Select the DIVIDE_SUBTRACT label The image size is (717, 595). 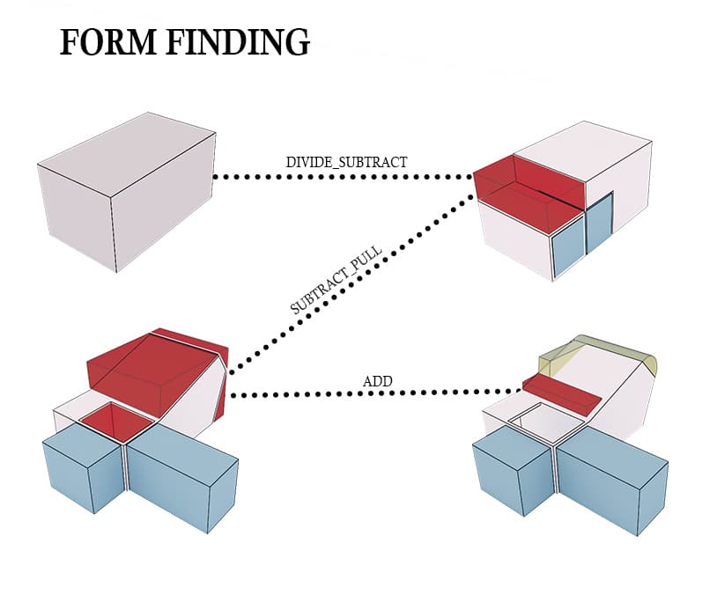tap(346, 162)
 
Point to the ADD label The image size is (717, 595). tap(377, 382)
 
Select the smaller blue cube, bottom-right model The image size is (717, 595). tap(512, 475)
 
